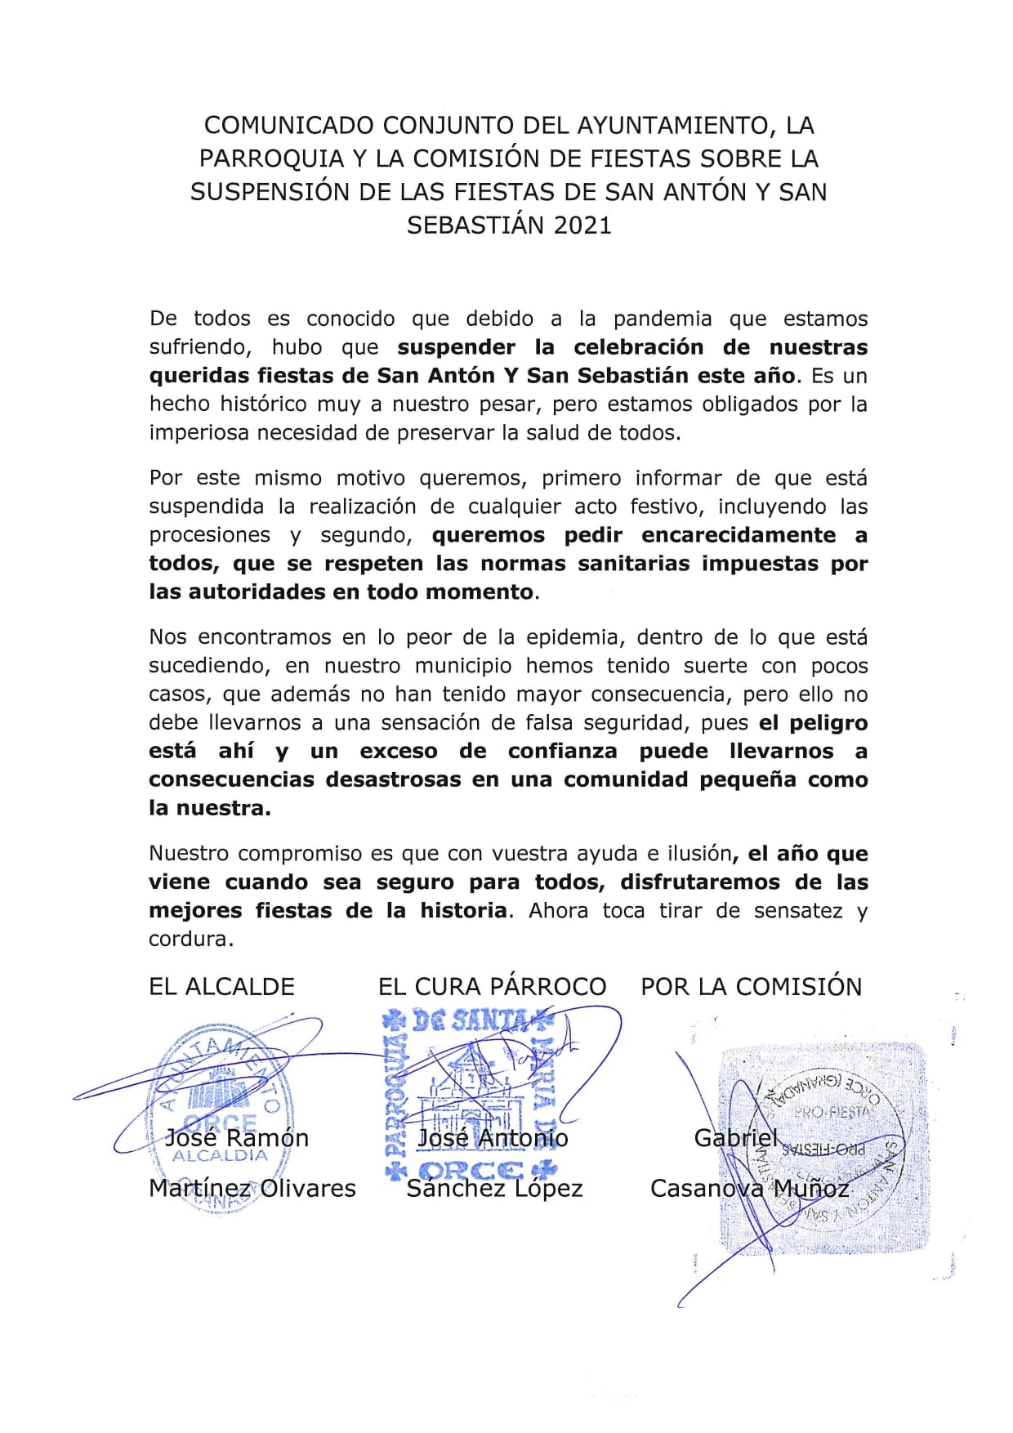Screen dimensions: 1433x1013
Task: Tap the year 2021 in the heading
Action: pos(582,225)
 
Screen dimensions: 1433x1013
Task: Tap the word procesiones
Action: pos(209,536)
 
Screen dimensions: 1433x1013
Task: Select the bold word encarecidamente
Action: pos(739,536)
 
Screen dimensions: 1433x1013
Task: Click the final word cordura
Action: pos(190,940)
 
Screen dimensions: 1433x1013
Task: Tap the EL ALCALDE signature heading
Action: pos(221,987)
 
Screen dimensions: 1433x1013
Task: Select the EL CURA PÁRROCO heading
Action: pos(492,987)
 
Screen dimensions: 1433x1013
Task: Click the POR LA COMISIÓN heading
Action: pos(751,987)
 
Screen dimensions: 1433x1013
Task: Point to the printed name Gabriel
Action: pos(736,1137)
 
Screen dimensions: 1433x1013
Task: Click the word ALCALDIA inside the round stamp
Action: pos(220,1156)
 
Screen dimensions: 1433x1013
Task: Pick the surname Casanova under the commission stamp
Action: pos(705,1189)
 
